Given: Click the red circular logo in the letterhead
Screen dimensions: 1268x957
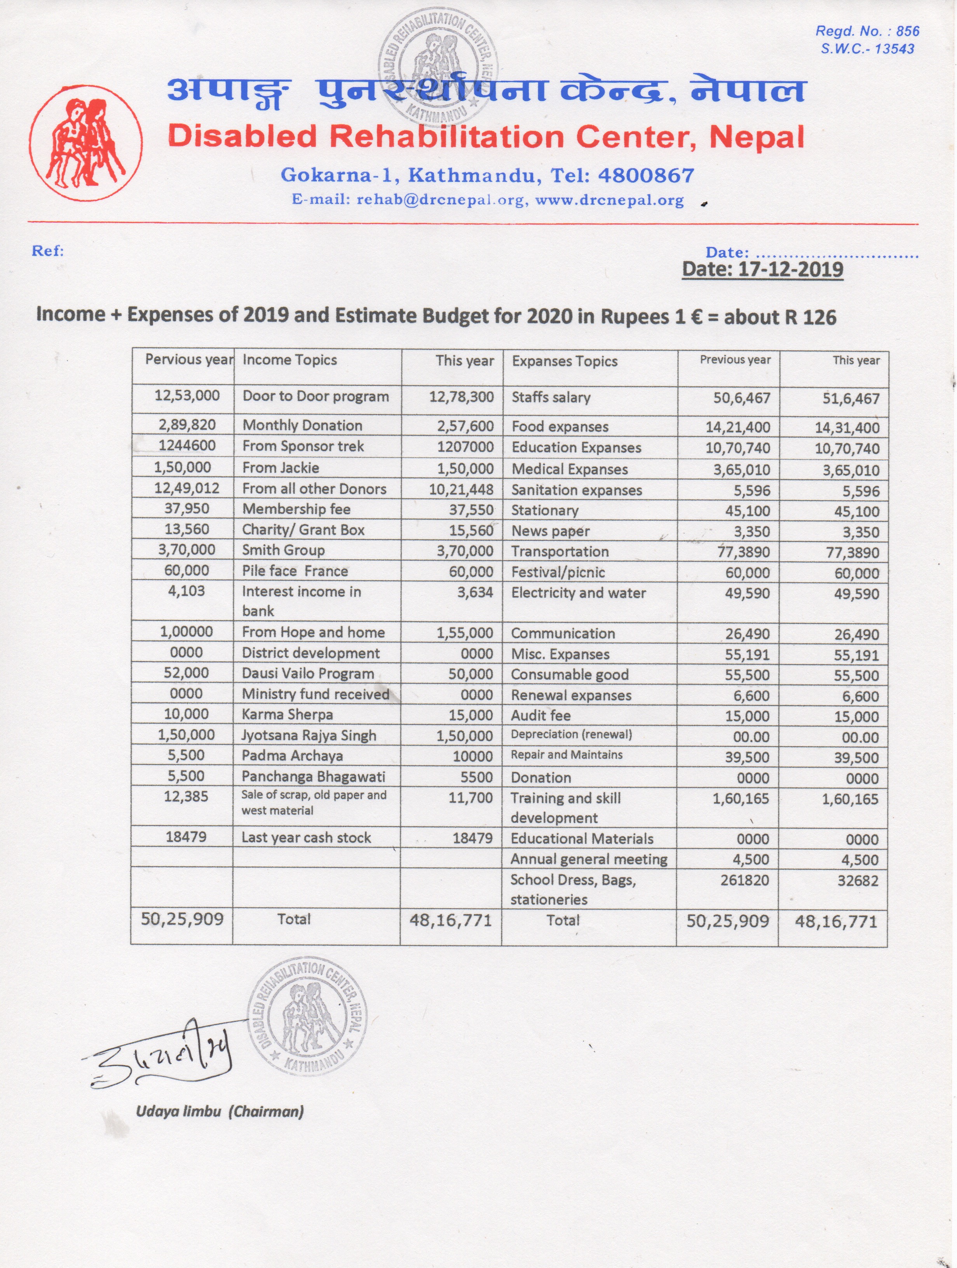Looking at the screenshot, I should pyautogui.click(x=86, y=143).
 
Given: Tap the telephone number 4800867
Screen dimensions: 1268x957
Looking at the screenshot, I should pyautogui.click(x=646, y=175).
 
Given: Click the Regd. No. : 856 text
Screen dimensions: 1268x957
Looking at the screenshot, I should pyautogui.click(x=866, y=31).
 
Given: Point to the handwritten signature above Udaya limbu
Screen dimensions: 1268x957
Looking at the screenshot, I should pyautogui.click(x=166, y=1055).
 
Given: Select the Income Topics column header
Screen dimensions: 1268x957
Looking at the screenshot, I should pyautogui.click(x=289, y=360).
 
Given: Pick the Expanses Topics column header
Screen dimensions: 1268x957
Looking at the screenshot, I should pyautogui.click(x=565, y=361).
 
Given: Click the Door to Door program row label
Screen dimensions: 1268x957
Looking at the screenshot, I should pyautogui.click(x=316, y=397).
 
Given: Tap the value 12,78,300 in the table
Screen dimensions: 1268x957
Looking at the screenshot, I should pyautogui.click(x=462, y=397).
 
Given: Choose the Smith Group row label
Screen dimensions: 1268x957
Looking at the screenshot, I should pyautogui.click(x=283, y=550).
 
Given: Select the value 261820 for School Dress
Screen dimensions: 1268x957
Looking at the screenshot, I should pyautogui.click(x=744, y=880).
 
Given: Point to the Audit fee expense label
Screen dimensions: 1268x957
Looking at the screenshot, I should pyautogui.click(x=541, y=716).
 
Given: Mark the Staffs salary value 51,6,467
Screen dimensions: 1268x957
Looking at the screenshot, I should pyautogui.click(x=851, y=399).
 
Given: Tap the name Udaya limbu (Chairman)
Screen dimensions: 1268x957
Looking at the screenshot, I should pyautogui.click(x=220, y=1111).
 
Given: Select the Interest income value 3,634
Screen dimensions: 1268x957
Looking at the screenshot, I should pyautogui.click(x=475, y=592).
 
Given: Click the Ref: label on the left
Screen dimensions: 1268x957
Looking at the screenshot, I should pyautogui.click(x=47, y=251).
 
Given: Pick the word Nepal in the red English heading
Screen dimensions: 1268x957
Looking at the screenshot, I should pyautogui.click(x=757, y=138).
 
